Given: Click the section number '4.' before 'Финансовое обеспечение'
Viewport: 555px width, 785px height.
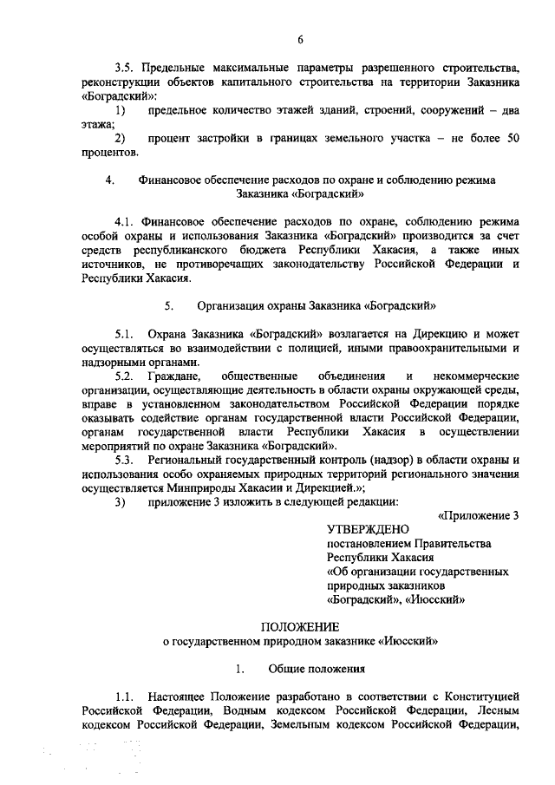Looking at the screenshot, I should click(109, 180).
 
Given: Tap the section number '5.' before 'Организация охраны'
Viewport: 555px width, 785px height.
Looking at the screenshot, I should click(169, 305).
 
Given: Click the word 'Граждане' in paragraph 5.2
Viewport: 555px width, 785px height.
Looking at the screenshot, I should click(175, 376).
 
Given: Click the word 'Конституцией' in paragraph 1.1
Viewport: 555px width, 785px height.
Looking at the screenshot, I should click(477, 697).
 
